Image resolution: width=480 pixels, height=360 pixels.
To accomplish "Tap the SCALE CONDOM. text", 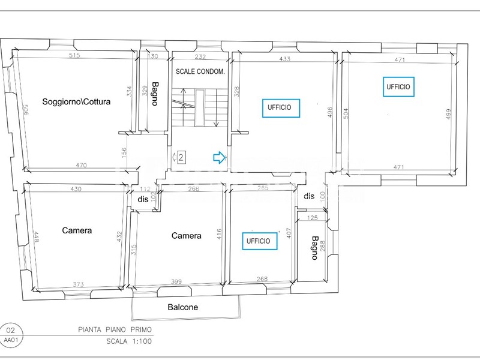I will click(200, 71).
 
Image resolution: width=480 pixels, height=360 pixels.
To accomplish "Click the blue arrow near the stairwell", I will click(219, 158).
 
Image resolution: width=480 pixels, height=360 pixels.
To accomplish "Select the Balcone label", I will click(182, 307).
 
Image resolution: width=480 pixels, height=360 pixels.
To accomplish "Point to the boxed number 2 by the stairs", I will click(181, 158).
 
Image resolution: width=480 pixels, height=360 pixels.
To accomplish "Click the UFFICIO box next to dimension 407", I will click(262, 241).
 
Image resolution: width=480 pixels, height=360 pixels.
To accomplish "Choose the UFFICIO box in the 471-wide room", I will click(398, 86).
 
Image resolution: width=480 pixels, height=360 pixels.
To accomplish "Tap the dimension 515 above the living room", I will click(74, 56).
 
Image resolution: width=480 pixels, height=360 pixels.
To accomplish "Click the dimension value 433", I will click(284, 59).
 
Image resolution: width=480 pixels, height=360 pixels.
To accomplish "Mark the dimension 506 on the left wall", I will click(26, 112).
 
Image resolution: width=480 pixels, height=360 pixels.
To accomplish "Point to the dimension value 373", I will click(78, 284).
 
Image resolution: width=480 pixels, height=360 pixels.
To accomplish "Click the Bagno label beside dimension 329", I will click(155, 94).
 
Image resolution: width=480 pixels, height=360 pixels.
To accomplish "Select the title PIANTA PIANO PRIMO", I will click(116, 329).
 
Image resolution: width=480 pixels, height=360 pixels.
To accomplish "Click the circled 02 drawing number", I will click(10, 329).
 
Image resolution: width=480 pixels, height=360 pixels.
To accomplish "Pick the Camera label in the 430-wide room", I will click(77, 230).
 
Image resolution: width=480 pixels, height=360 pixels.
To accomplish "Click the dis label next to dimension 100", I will click(309, 196).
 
